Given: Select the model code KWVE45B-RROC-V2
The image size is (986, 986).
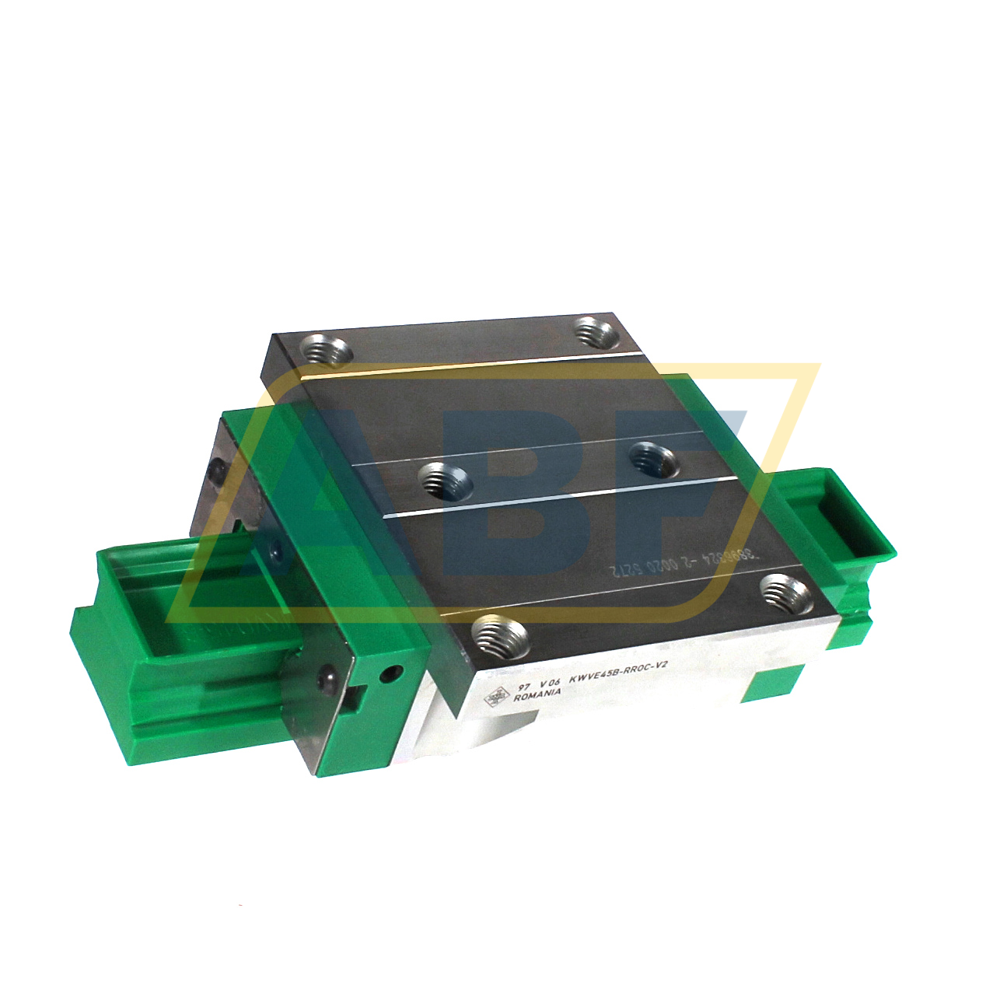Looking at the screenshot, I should [618, 671].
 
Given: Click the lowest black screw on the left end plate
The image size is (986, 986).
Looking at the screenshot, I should [327, 673].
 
